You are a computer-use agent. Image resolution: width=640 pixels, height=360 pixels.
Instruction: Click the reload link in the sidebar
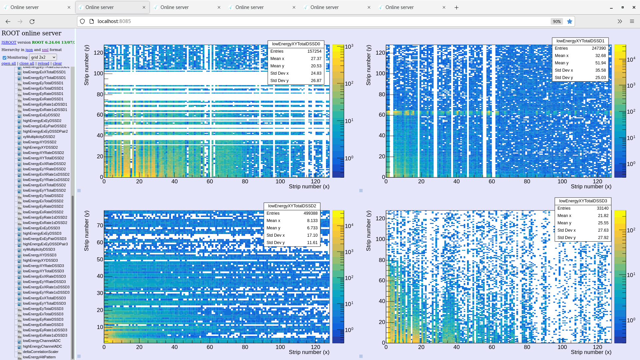coord(43,63)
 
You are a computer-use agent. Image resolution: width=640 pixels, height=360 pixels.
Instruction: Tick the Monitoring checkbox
coord(5,58)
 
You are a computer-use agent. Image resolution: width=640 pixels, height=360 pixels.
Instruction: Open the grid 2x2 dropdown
coord(43,57)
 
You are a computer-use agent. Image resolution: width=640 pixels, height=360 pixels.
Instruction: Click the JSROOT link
coord(9,42)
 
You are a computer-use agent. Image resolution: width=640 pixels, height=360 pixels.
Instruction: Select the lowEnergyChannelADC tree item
coord(42,341)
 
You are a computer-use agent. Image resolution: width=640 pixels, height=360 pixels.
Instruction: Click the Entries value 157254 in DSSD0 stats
coord(314,51)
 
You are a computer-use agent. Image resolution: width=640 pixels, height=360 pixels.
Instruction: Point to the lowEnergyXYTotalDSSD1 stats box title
coord(580,41)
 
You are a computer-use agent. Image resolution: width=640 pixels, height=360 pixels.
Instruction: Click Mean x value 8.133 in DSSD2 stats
coord(312,221)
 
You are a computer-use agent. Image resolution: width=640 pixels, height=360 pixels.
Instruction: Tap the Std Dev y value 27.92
coord(603,238)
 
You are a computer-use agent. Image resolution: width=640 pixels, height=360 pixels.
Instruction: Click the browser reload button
coord(32,21)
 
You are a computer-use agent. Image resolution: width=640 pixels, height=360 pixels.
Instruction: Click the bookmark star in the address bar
coord(570,21)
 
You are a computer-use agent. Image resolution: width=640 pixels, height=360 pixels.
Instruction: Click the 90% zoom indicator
coord(557,21)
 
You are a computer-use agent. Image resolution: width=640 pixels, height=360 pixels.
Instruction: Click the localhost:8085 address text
coord(114,21)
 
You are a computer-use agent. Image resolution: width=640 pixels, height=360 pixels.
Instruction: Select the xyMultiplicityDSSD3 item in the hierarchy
coord(39,249)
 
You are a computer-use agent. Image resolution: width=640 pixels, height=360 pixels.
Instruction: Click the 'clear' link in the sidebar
coord(57,63)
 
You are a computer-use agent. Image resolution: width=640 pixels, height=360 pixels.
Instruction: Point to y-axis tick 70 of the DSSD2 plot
coord(100,225)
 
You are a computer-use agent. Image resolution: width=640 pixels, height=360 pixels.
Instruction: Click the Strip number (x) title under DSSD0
coord(309,186)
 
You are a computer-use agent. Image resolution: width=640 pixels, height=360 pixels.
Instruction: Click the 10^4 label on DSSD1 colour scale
coord(631,59)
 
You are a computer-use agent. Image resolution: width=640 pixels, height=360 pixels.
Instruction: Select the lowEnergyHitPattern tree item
coord(39,357)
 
